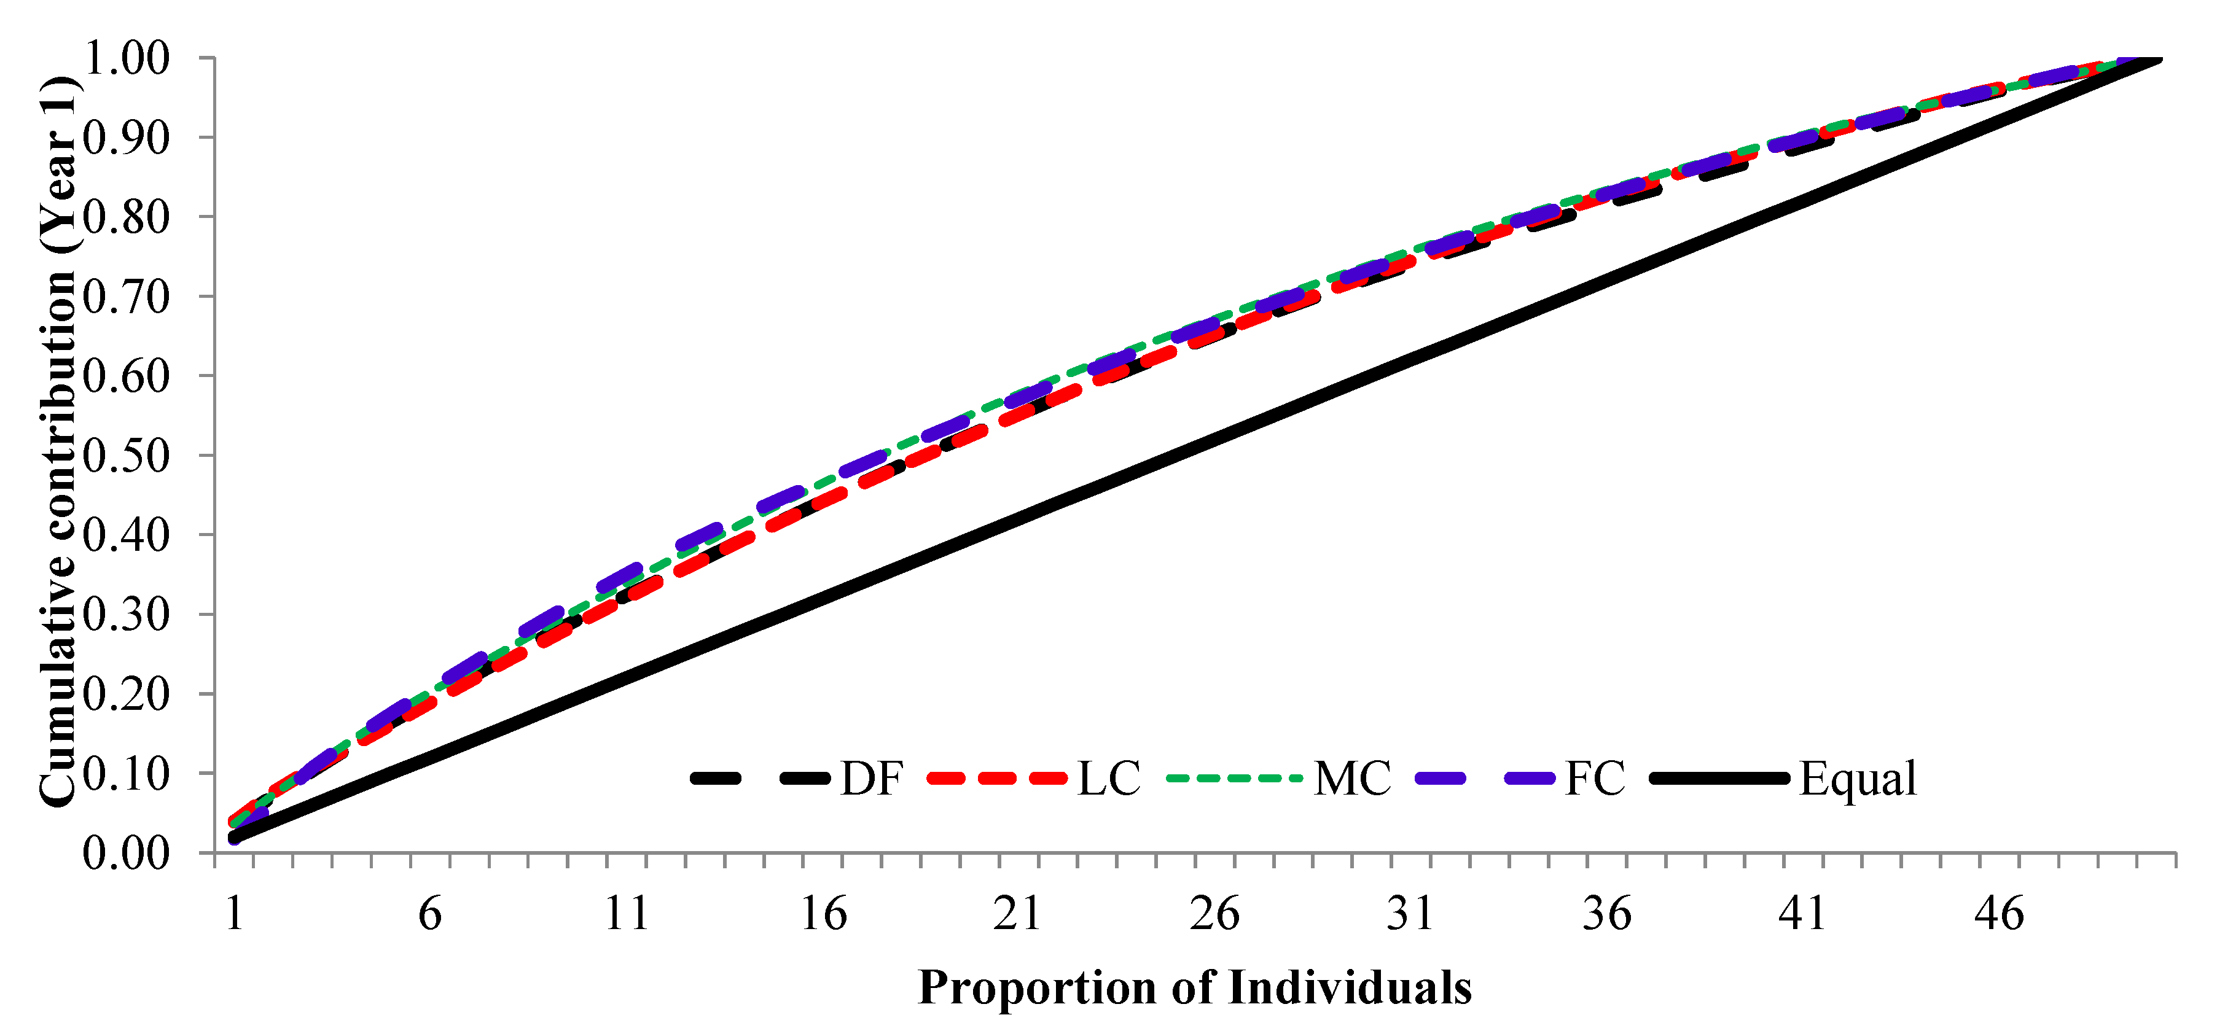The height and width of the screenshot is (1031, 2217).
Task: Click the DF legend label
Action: pos(871,779)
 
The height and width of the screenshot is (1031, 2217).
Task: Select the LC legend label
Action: pos(1108,779)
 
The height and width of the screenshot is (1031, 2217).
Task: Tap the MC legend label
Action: pos(1352,779)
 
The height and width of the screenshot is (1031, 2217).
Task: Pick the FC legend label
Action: pos(1595,779)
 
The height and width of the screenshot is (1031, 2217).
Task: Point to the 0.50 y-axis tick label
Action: pos(127,455)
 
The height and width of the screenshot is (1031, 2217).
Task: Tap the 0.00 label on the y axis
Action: pos(127,853)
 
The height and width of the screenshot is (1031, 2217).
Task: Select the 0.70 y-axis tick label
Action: pos(127,297)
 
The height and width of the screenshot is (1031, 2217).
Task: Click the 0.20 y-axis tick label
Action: pos(127,694)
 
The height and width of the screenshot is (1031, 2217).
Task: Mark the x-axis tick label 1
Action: pos(234,914)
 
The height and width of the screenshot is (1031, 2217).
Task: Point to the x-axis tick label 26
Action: pos(1214,914)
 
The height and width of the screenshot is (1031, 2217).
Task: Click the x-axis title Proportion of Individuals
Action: pos(1195,987)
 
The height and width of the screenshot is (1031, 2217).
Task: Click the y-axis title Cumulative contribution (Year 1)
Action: pos(58,441)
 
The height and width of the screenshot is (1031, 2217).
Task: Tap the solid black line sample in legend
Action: pos(1719,779)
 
